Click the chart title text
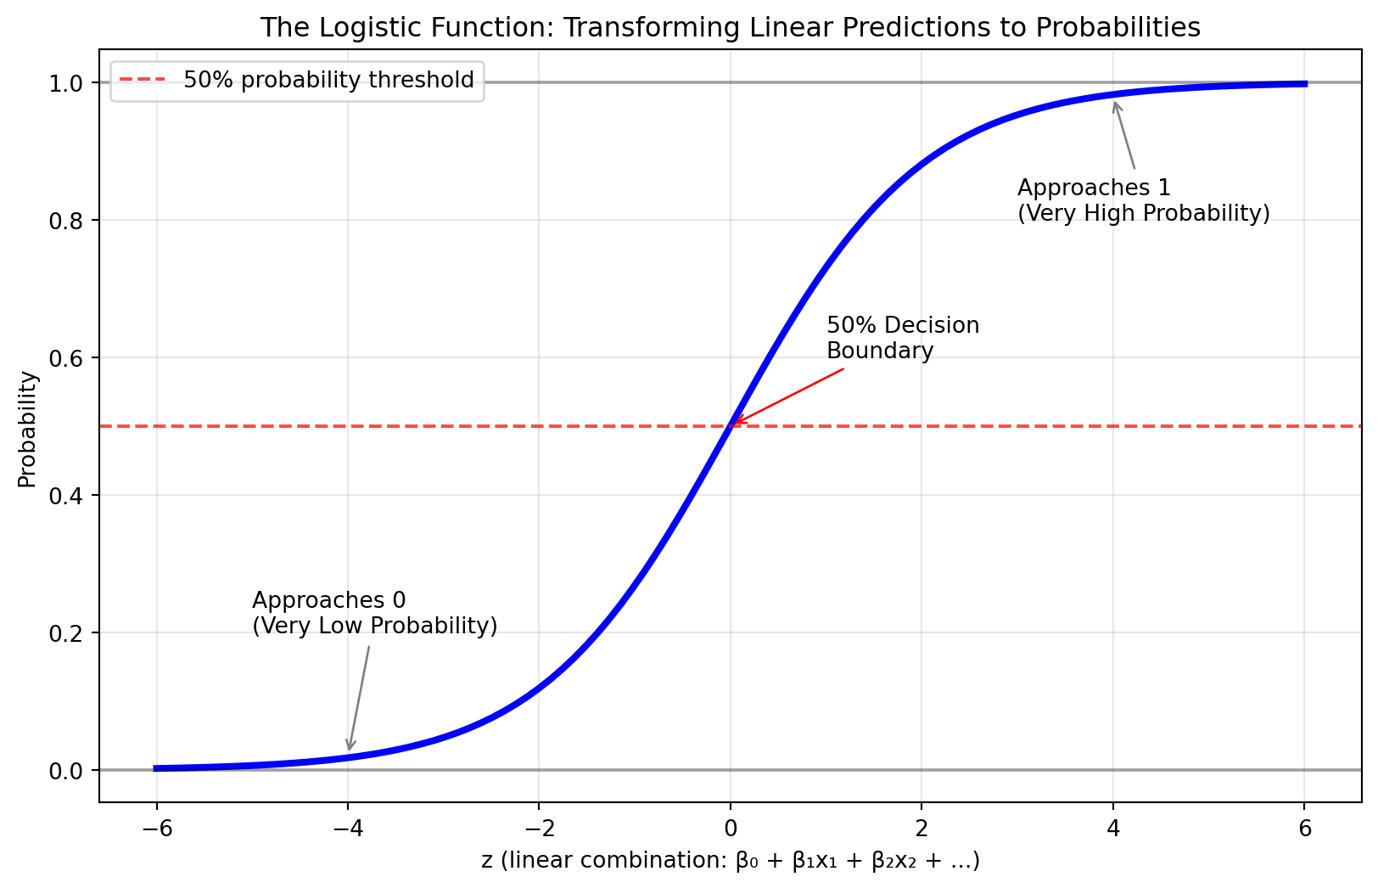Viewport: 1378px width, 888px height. [x=730, y=28]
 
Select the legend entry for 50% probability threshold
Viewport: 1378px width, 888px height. [x=328, y=80]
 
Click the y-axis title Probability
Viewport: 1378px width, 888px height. [x=28, y=429]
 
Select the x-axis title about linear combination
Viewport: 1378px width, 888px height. [x=730, y=861]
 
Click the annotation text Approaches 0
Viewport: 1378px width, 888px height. [x=329, y=601]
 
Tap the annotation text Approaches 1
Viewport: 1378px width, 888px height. [x=1094, y=188]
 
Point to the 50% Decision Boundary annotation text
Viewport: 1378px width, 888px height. [x=902, y=338]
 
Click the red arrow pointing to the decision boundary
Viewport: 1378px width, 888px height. [x=788, y=396]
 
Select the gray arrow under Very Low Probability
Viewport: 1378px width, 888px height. [x=359, y=698]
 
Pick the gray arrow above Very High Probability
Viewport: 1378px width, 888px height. [x=1124, y=136]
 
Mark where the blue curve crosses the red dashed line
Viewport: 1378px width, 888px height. [x=730, y=426]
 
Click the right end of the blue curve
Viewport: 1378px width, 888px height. [x=1305, y=84]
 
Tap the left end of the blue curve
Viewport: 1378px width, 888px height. [x=156, y=768]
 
